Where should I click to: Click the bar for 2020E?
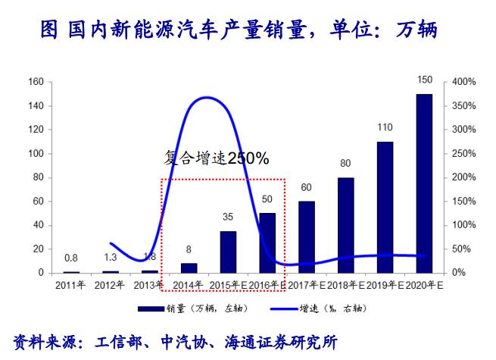click(x=424, y=183)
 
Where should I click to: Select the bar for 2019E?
click(x=385, y=207)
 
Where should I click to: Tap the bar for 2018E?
click(x=345, y=225)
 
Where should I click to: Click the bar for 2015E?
click(x=228, y=252)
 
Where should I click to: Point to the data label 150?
click(x=425, y=80)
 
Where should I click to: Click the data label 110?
click(x=385, y=127)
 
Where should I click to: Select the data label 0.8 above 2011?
click(x=71, y=257)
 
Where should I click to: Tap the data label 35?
click(x=228, y=217)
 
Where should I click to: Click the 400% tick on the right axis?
click(x=464, y=82)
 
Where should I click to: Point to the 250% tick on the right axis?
click(x=464, y=153)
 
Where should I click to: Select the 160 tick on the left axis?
click(x=35, y=82)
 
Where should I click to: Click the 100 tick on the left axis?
click(x=35, y=153)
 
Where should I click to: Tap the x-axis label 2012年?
click(x=110, y=285)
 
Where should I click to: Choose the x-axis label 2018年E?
click(x=345, y=285)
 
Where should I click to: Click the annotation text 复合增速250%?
click(x=217, y=158)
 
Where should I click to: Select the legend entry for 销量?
click(x=193, y=308)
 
